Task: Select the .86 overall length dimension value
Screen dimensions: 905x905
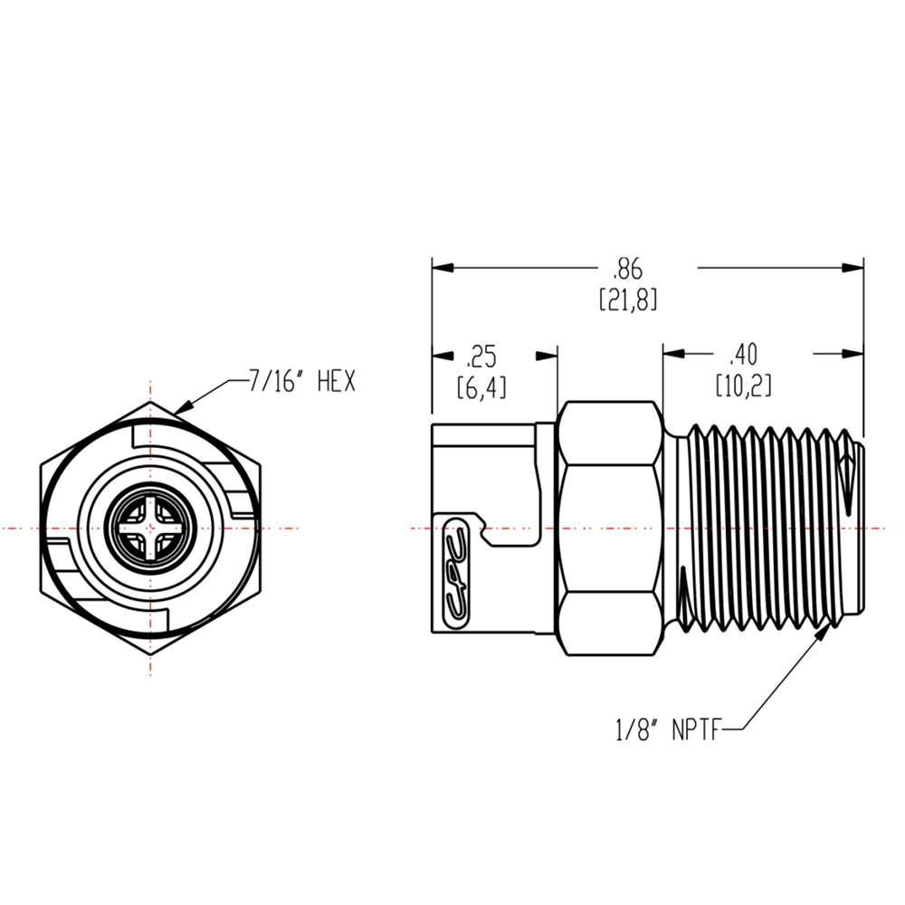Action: (627, 269)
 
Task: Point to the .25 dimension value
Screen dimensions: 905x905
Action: (481, 355)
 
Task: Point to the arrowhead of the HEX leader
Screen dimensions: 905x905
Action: (181, 409)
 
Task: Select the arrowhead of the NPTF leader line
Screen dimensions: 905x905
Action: (826, 630)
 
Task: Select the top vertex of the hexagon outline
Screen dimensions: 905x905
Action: (151, 402)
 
